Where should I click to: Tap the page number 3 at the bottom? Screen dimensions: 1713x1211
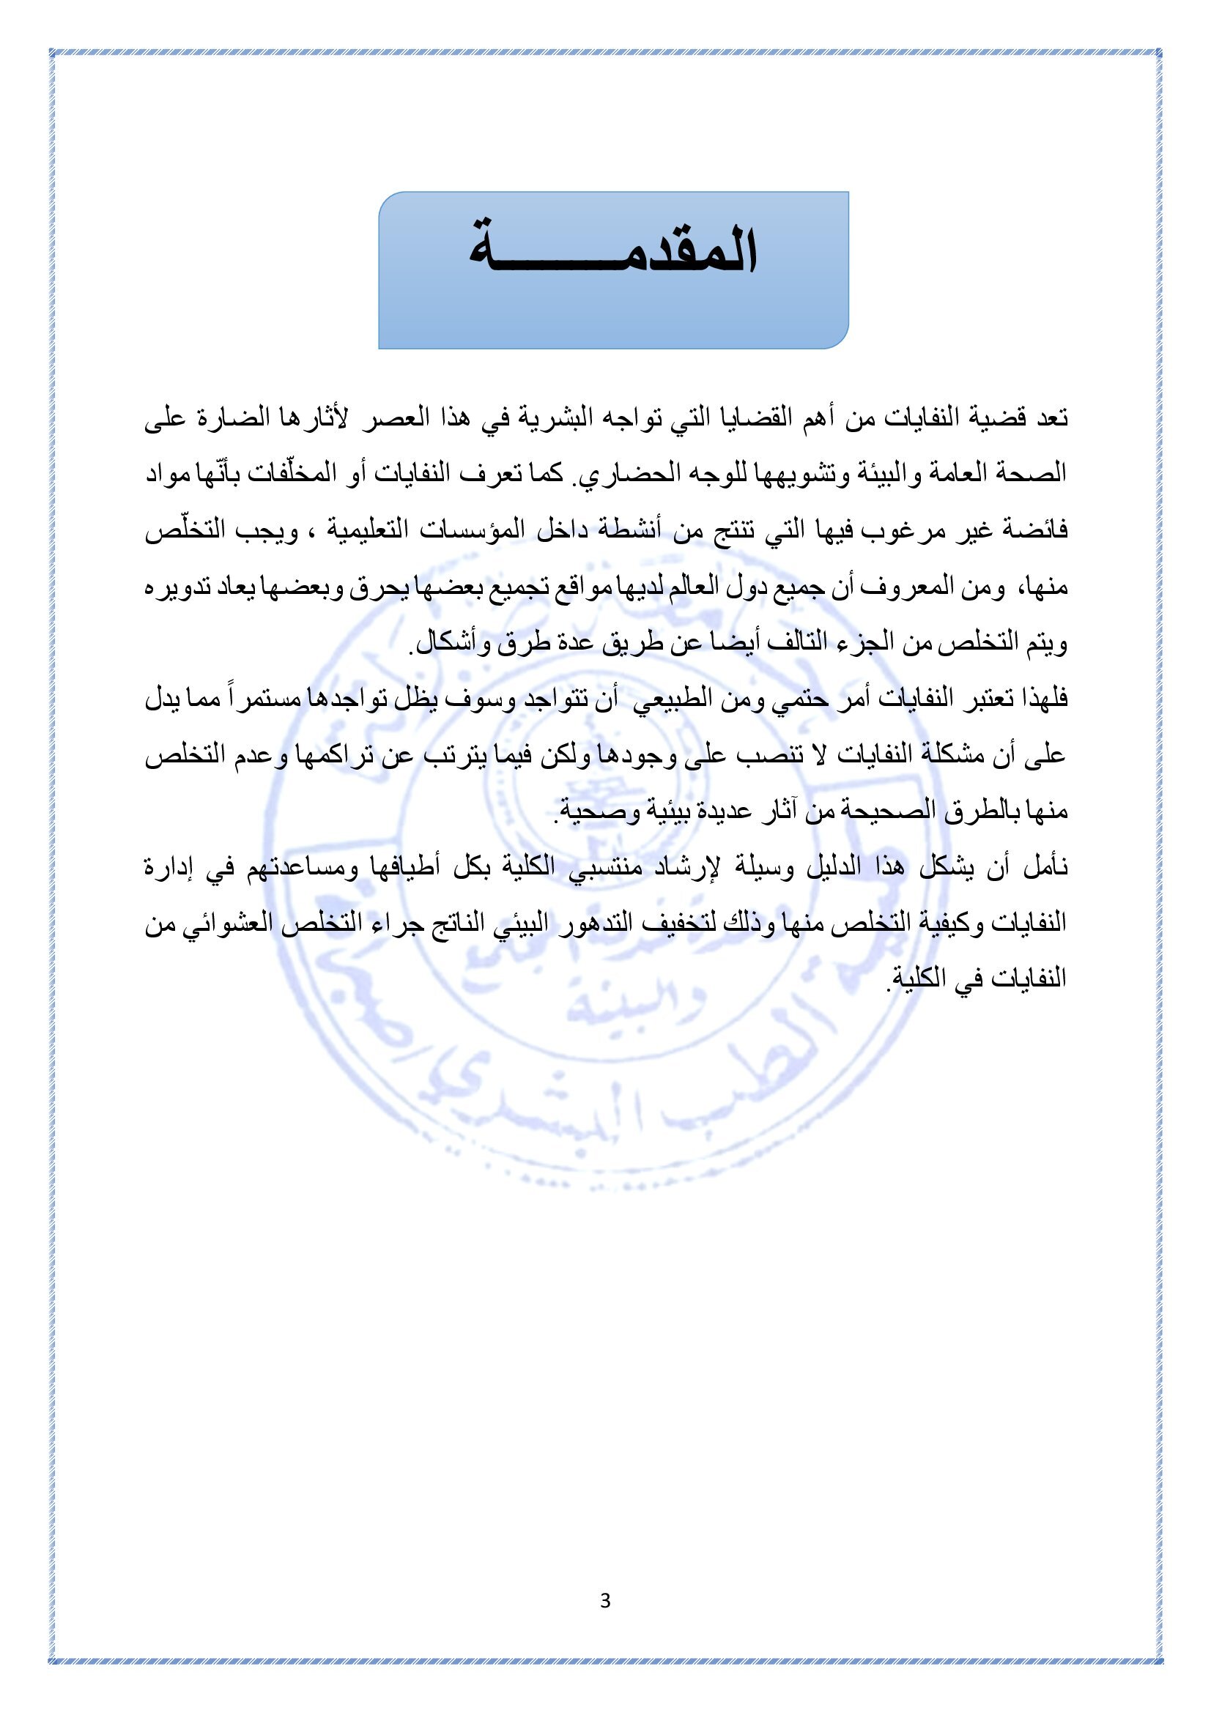pos(605,1600)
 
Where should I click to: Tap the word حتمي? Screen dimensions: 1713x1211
pos(797,699)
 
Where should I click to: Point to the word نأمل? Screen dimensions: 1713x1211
pos(1045,867)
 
